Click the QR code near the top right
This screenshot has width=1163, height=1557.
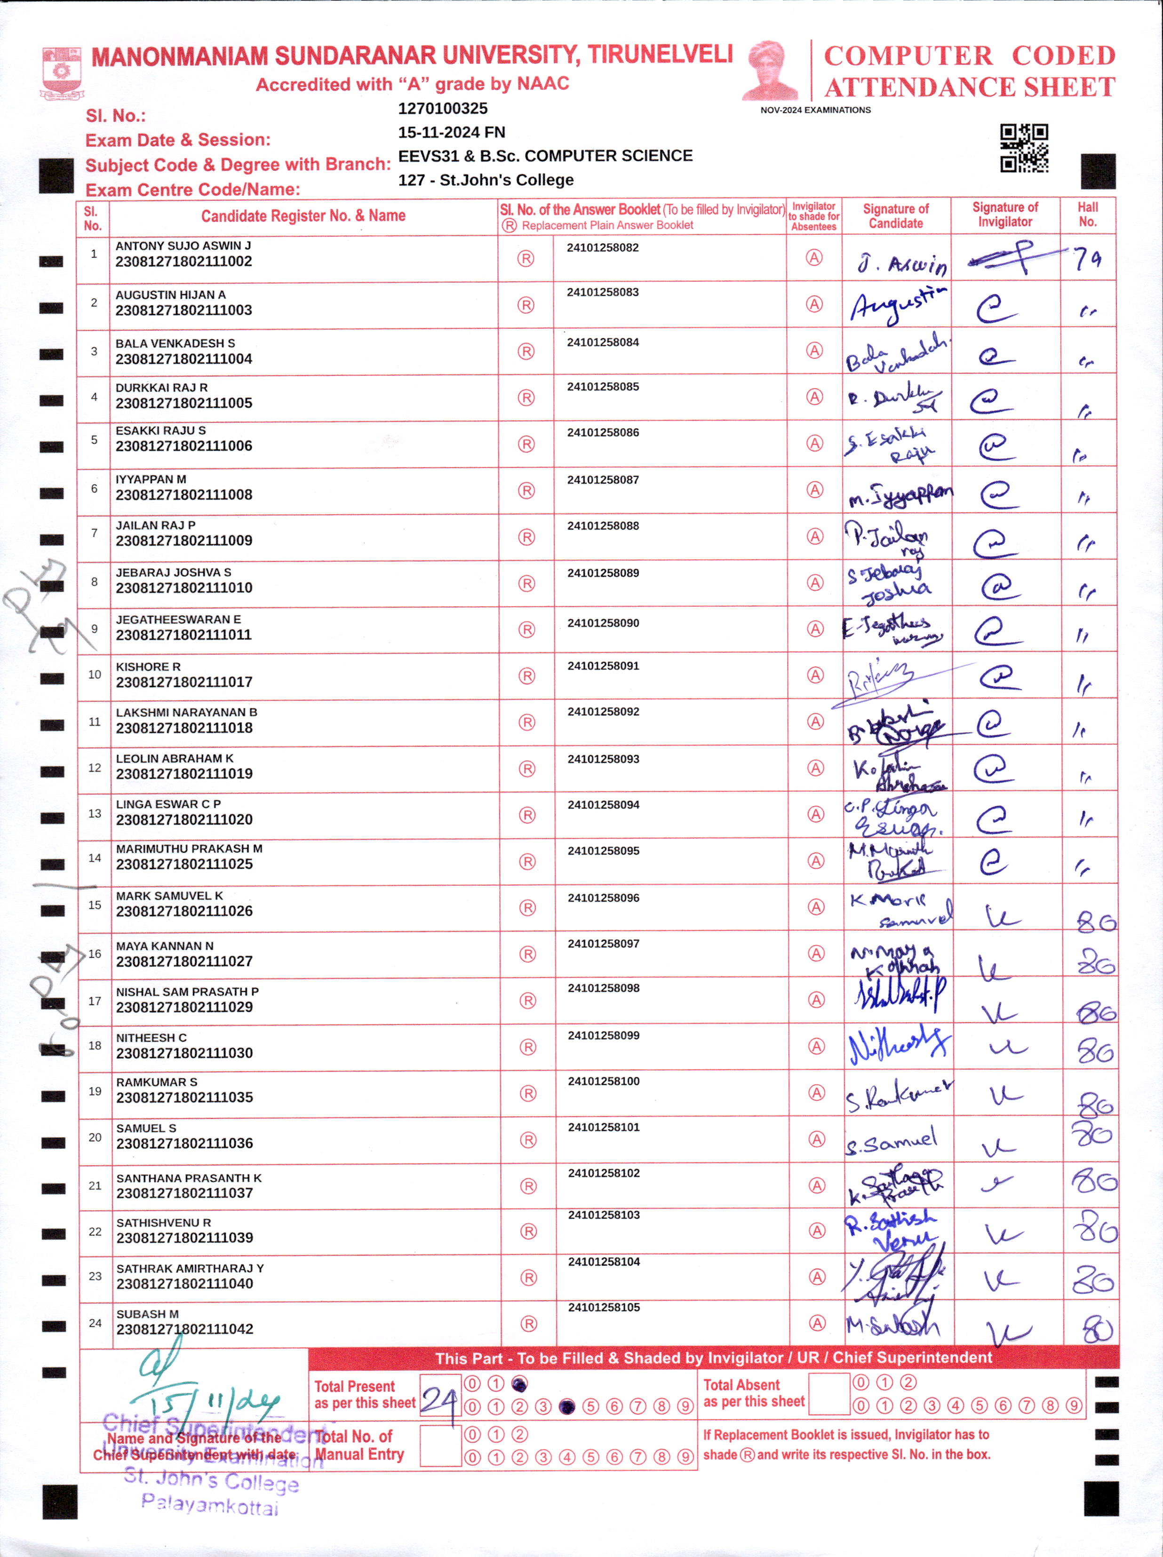pyautogui.click(x=1024, y=148)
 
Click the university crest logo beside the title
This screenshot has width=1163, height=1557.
pyautogui.click(x=62, y=72)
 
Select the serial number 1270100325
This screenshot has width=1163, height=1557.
pyautogui.click(x=442, y=108)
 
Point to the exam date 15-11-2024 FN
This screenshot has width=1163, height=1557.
pyautogui.click(x=451, y=132)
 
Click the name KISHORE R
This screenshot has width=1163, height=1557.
pyautogui.click(x=148, y=667)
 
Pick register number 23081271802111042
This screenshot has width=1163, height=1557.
pyautogui.click(x=184, y=1329)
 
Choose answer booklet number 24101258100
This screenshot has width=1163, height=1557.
pyautogui.click(x=603, y=1081)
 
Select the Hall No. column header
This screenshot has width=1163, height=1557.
pyautogui.click(x=1088, y=214)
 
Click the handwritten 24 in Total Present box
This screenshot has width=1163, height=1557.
pyautogui.click(x=439, y=1400)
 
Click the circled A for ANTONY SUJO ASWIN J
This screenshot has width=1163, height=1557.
pyautogui.click(x=814, y=258)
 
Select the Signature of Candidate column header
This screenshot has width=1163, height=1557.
pyautogui.click(x=895, y=216)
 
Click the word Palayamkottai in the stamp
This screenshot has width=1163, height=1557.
pyautogui.click(x=210, y=1505)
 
